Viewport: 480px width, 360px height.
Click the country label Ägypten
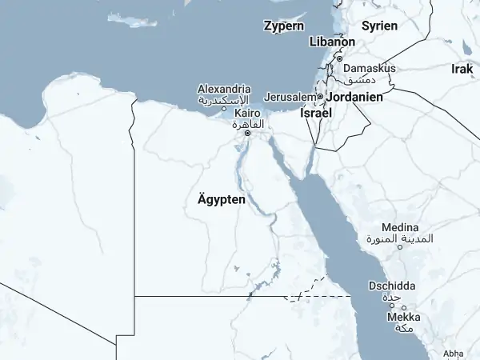click(x=221, y=199)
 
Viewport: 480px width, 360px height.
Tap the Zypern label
click(x=284, y=26)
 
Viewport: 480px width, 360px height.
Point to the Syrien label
click(x=379, y=26)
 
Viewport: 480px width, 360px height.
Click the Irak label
click(x=462, y=70)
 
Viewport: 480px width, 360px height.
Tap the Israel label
click(x=316, y=114)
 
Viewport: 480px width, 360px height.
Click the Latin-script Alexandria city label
click(x=224, y=89)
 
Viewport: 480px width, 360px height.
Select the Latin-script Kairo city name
click(x=247, y=114)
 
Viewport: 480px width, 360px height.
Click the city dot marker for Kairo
click(x=247, y=134)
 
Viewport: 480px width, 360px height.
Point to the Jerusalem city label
click(x=290, y=97)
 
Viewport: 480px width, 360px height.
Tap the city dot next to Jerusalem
click(x=319, y=97)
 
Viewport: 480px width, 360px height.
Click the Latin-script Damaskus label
click(x=370, y=69)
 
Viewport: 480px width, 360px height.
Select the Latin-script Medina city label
click(x=400, y=228)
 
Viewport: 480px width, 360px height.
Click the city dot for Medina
click(x=400, y=247)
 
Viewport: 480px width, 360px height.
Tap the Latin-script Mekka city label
click(x=404, y=318)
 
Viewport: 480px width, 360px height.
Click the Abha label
click(x=452, y=353)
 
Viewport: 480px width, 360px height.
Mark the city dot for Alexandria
click(x=224, y=109)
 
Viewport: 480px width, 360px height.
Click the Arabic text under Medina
click(x=399, y=238)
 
